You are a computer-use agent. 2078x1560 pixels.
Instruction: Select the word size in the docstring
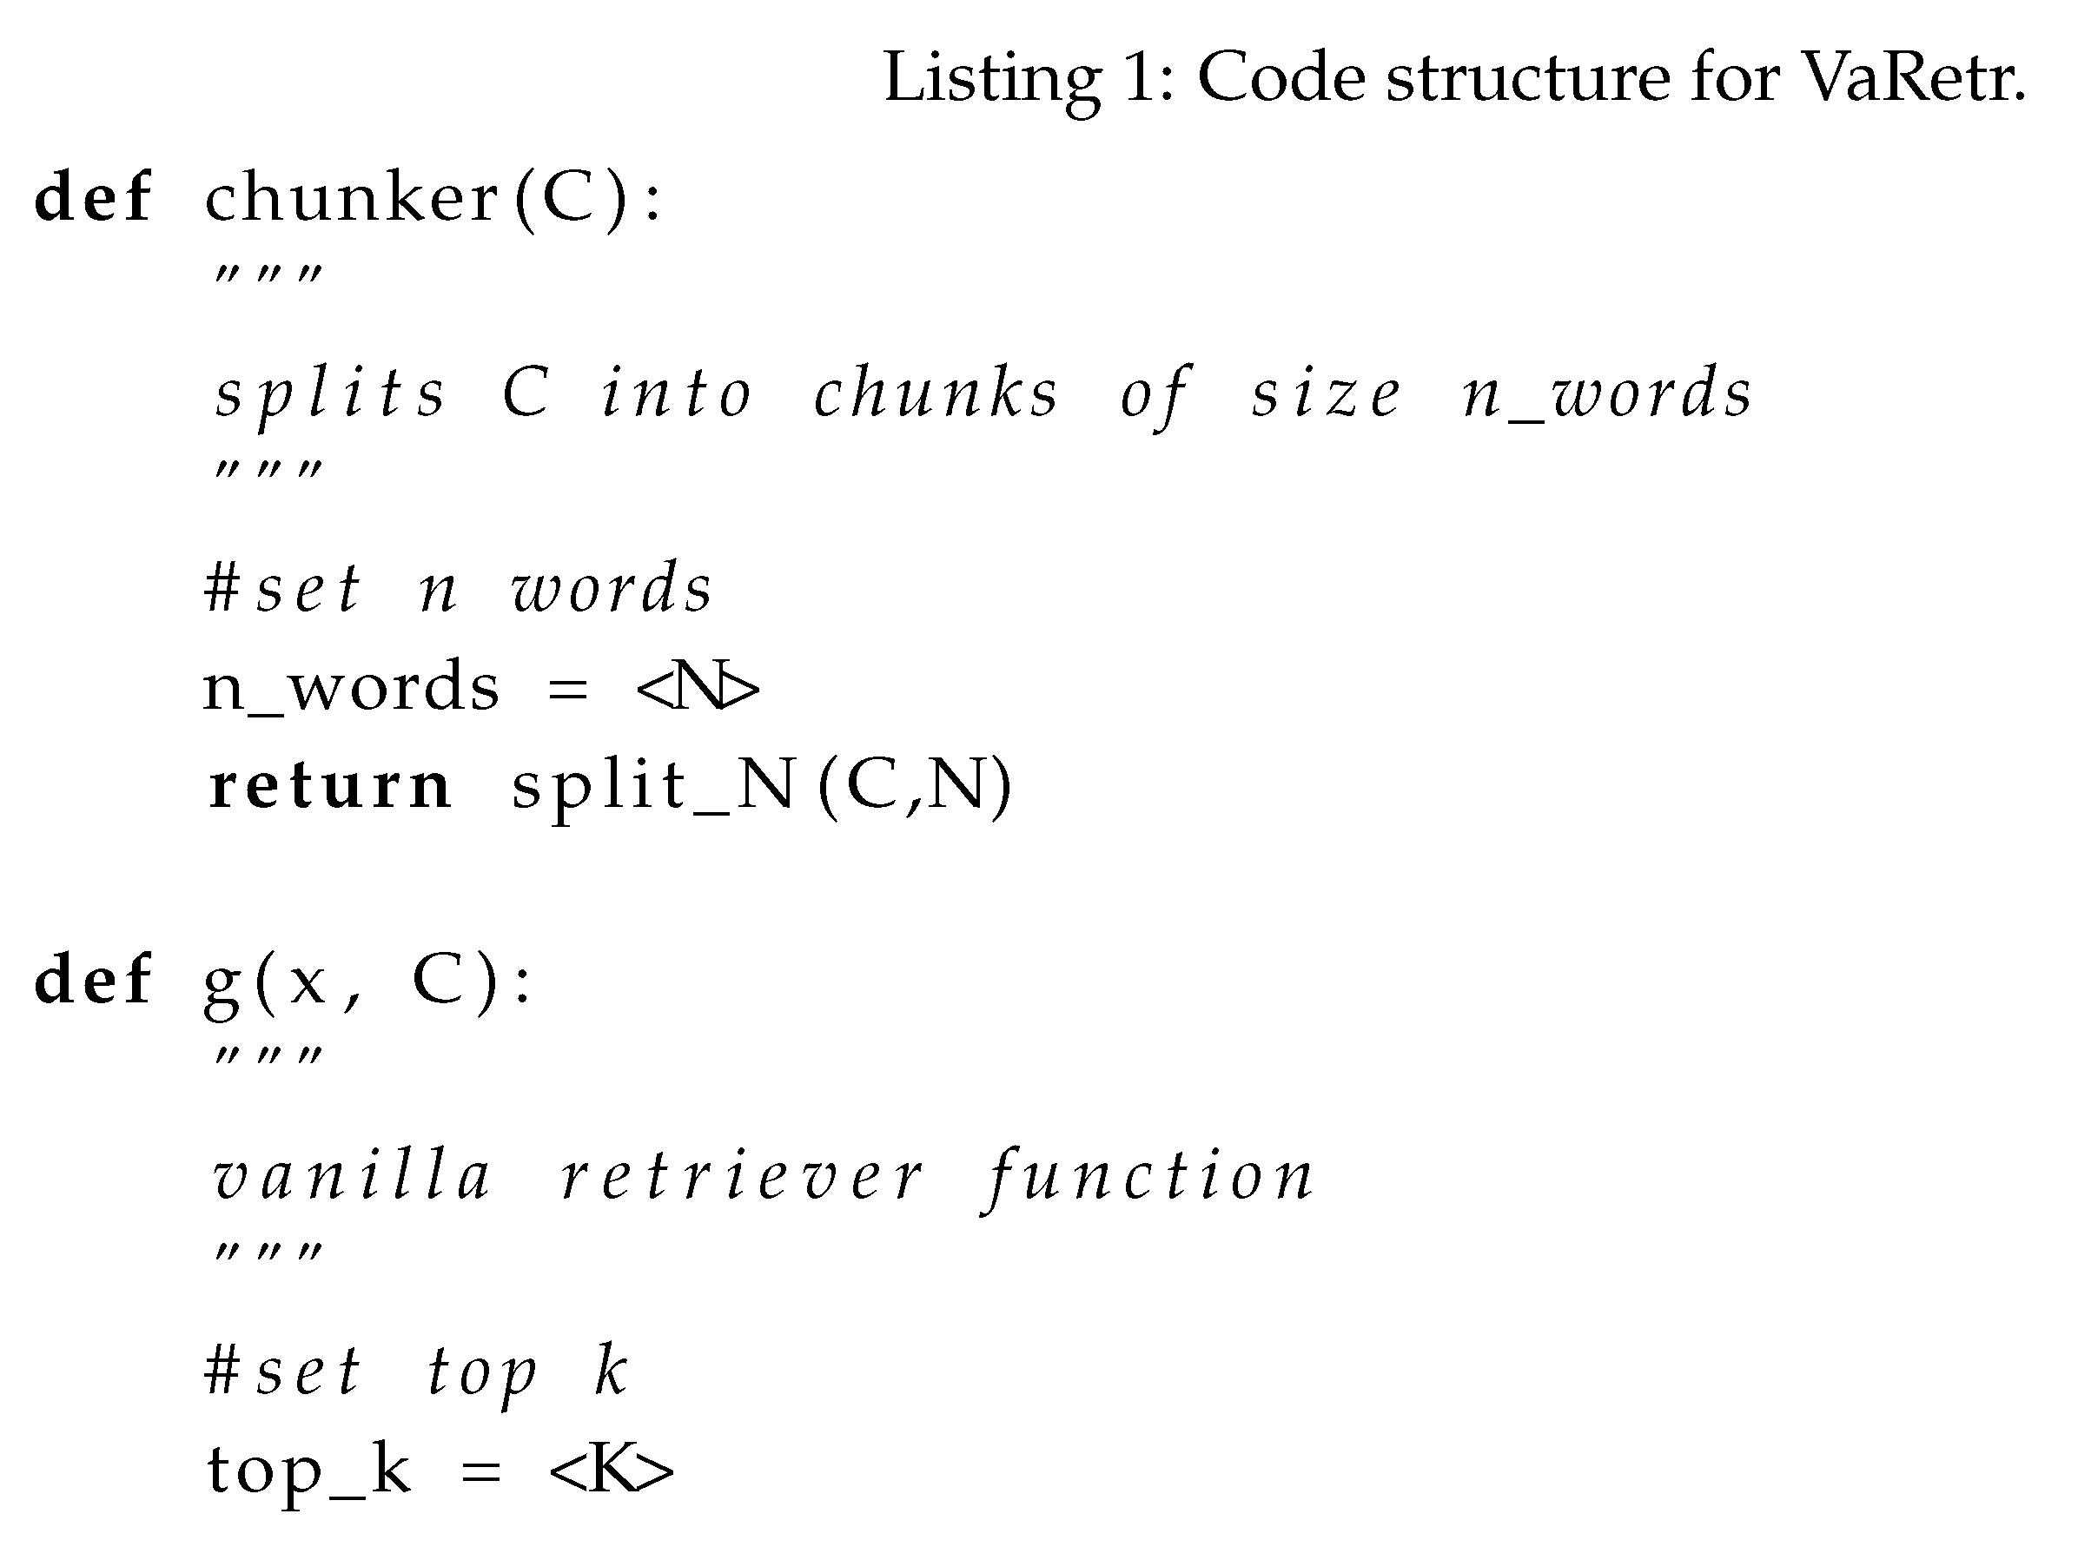1326,394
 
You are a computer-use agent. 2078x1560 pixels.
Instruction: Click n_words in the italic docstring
1607,394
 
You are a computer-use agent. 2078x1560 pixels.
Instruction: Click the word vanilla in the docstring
353,1177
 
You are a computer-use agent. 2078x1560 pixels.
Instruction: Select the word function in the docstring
1148,1177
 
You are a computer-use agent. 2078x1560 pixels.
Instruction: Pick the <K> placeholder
611,1470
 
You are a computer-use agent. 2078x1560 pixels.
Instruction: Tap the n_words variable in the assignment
350,689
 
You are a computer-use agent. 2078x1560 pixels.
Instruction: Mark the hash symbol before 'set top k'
222,1372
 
